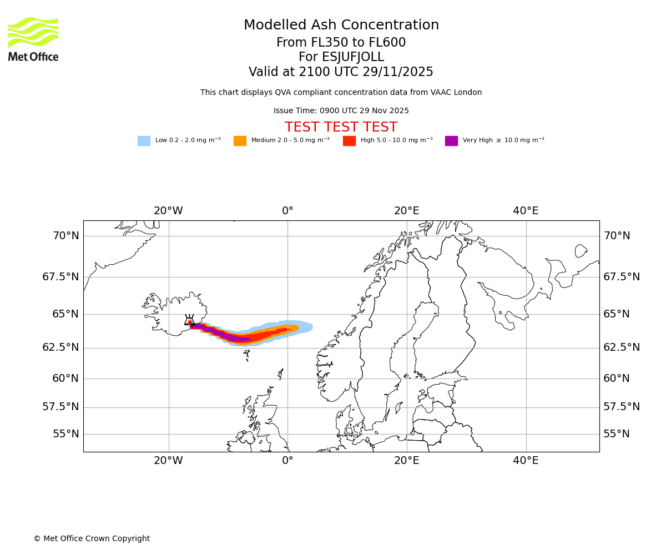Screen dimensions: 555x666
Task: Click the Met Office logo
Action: point(33,39)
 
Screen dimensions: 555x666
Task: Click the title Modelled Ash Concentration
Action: point(341,26)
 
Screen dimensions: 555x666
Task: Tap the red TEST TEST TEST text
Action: point(341,128)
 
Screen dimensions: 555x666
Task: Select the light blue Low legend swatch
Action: point(144,141)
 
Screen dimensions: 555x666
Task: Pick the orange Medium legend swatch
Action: point(240,141)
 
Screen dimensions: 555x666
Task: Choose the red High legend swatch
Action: point(349,141)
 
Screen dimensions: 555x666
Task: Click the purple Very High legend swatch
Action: point(451,141)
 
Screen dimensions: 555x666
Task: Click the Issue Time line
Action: point(341,111)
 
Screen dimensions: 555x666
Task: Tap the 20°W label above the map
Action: point(168,211)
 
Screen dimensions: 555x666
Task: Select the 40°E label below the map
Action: point(526,461)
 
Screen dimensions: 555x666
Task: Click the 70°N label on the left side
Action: point(65,236)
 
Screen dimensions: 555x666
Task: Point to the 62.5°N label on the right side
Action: point(622,347)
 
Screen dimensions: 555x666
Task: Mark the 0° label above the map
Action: point(287,211)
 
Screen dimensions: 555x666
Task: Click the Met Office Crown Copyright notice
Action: point(92,539)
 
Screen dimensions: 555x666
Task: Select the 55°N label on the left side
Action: point(65,434)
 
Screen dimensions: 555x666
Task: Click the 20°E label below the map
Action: point(407,461)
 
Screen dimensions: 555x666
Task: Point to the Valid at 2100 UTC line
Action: point(341,72)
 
